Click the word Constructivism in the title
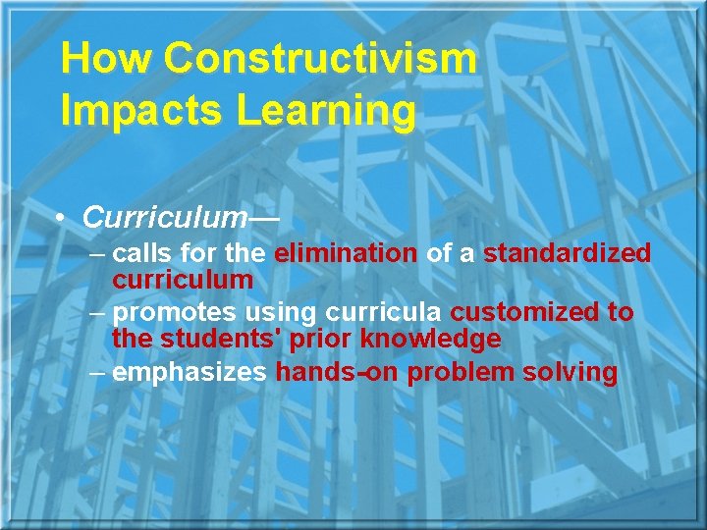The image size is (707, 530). pos(320,60)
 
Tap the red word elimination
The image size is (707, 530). pos(346,253)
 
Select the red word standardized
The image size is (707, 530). pos(567,253)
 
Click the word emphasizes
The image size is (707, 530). pos(189,373)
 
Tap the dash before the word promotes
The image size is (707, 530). pos(97,313)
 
